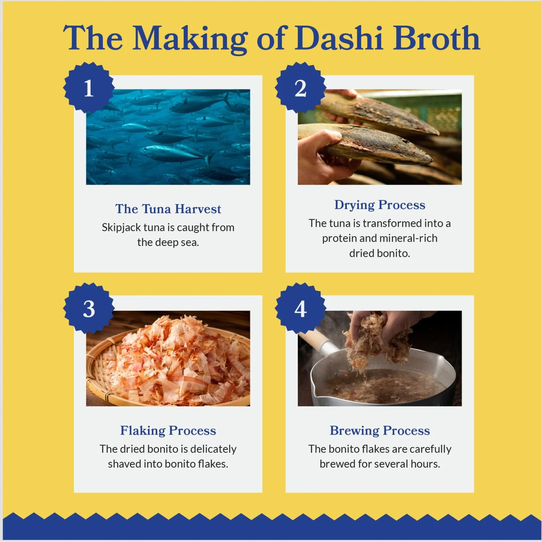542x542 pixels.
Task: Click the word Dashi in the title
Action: [339, 38]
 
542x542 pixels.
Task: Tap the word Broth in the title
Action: [436, 38]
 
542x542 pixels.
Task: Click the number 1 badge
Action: [89, 88]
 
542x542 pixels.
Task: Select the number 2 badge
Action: [301, 88]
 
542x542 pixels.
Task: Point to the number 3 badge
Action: [89, 309]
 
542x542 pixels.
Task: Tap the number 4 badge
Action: [301, 309]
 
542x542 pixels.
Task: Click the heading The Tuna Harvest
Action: [168, 209]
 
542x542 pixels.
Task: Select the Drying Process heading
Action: [380, 205]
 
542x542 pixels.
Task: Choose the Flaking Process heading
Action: [168, 430]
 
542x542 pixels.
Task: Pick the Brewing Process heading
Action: [380, 430]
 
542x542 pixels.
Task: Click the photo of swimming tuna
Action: [168, 137]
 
